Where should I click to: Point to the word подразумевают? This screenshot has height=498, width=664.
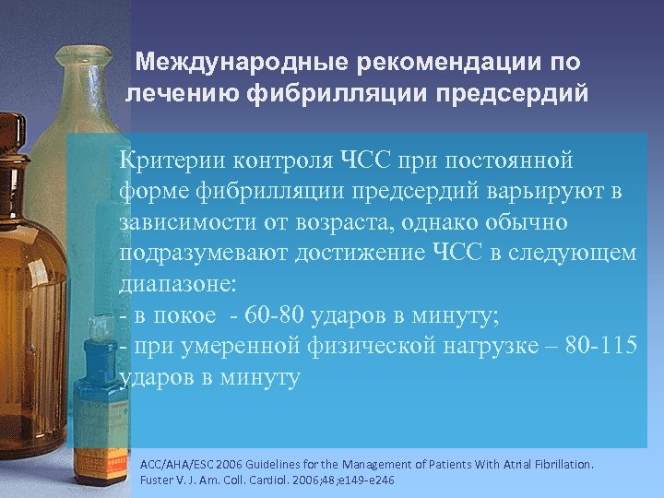point(201,254)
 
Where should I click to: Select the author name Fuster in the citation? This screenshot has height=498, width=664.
point(157,480)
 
